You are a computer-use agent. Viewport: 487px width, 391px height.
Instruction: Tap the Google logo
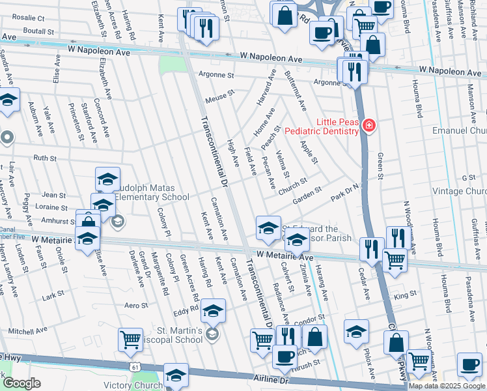21,383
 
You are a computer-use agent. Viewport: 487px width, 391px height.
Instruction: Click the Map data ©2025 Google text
447,386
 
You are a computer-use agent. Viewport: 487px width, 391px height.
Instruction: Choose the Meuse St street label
219,96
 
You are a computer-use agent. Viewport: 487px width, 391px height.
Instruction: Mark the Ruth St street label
45,158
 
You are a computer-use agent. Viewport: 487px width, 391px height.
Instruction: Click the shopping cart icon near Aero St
131,339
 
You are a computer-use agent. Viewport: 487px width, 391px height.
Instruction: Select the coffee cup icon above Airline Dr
284,356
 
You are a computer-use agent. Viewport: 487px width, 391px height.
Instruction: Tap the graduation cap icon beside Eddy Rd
212,311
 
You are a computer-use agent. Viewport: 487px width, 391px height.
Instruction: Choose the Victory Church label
133,385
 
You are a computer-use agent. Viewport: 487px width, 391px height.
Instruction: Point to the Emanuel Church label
460,131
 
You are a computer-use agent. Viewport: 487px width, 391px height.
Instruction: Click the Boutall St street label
38,31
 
